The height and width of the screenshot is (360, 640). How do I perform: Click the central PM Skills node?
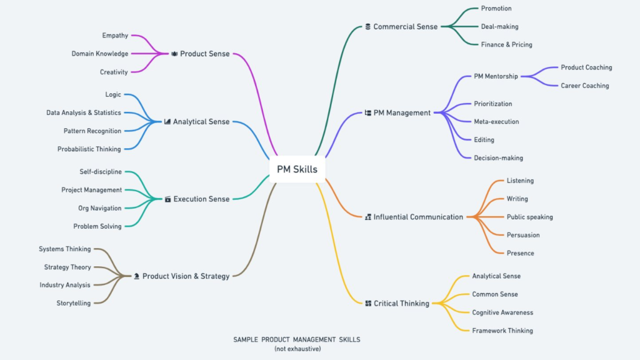point(297,169)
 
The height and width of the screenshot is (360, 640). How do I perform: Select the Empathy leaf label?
point(115,36)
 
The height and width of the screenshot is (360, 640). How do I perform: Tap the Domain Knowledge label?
point(100,54)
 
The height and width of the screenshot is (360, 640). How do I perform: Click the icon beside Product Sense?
point(174,54)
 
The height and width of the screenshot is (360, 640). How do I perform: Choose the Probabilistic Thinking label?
point(89,149)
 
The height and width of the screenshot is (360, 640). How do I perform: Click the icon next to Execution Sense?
point(167,199)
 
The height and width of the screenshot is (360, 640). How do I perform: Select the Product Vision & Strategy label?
point(186,276)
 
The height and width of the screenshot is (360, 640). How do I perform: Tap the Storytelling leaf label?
point(74,303)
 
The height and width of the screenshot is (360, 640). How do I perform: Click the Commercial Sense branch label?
point(406,27)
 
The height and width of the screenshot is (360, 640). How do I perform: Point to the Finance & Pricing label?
point(506,45)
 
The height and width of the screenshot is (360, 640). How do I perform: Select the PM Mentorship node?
point(496,76)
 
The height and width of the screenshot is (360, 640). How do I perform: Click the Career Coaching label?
point(584,86)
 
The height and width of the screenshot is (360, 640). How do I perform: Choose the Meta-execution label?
point(496,122)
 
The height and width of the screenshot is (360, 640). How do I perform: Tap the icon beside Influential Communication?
point(367,217)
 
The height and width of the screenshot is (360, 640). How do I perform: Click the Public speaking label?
point(529,217)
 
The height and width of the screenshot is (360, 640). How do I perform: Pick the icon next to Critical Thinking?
point(367,304)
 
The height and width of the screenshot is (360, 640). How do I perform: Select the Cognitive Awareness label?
point(502,312)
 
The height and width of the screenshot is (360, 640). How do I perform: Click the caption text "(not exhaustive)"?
point(297,349)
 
